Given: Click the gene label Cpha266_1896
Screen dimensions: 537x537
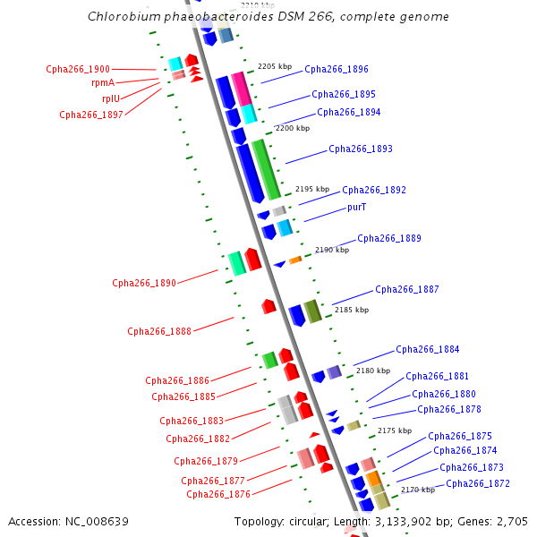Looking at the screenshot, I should pos(336,69).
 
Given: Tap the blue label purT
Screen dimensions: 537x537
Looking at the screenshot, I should pos(356,207).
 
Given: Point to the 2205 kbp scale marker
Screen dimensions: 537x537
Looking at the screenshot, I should pos(275,66).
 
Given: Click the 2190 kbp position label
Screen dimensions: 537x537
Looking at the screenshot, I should pos(332,251).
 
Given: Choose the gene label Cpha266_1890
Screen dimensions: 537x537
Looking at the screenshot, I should pos(144,283).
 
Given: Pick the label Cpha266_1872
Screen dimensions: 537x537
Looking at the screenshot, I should pos(478,483).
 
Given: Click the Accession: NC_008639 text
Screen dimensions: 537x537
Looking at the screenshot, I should pos(68,521).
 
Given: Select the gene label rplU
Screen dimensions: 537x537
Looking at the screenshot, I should pos(112,98).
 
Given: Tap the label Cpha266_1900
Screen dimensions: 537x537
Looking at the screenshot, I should pos(78,69).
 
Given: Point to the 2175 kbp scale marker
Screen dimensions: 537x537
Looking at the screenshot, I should pos(395,430).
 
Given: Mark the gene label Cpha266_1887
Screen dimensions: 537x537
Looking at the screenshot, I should pos(407,289).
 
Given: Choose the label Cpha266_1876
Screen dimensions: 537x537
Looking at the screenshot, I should pos(218,494).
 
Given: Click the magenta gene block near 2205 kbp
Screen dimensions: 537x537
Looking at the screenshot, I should pos(241,89).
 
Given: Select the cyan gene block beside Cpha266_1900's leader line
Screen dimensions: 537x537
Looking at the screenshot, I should pos(175,63).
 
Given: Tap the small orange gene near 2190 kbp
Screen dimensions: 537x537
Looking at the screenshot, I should pos(294,260).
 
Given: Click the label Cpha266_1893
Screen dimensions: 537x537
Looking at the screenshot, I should pos(361,149).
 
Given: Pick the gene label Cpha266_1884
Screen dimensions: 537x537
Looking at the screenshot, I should pos(428,349).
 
